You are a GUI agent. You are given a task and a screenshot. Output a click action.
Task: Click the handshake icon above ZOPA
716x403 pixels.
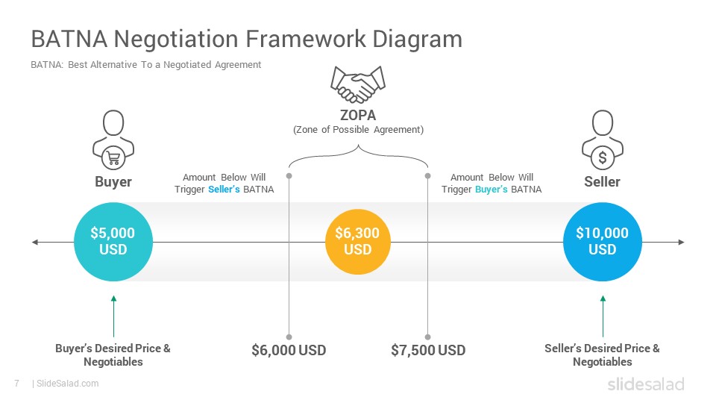click(358, 84)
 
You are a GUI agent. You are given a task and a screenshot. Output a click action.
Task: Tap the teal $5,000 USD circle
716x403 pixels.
click(113, 242)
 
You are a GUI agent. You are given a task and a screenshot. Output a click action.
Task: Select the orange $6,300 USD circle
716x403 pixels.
click(358, 242)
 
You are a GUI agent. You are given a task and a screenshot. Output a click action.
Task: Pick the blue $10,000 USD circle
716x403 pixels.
click(603, 242)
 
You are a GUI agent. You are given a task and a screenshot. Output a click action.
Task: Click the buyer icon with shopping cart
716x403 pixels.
click(113, 140)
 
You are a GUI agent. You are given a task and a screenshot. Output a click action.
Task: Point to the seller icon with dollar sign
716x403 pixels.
click(603, 140)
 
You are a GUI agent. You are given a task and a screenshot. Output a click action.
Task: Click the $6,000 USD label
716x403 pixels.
click(289, 351)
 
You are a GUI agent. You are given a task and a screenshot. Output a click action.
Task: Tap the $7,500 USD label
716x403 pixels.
click(428, 351)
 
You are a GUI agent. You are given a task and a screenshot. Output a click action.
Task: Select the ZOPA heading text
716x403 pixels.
click(358, 115)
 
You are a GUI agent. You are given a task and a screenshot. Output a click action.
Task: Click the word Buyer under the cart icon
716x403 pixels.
click(113, 182)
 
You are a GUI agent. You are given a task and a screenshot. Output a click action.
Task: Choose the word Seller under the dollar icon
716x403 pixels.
click(603, 182)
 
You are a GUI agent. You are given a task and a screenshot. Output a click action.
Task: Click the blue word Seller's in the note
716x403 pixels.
click(224, 189)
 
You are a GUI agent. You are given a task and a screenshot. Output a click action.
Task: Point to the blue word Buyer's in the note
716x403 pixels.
click(492, 189)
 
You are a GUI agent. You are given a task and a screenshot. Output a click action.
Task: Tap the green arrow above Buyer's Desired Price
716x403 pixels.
click(113, 316)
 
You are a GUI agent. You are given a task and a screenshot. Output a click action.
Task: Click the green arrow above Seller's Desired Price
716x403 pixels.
click(603, 316)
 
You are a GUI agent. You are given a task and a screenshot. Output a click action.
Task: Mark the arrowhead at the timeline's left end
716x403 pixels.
click(35, 242)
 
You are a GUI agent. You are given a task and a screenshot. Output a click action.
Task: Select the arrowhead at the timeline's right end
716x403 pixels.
click(681, 242)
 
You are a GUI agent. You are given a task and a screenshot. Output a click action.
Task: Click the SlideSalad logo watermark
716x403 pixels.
click(646, 384)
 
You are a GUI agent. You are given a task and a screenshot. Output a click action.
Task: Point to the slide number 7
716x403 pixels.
click(17, 384)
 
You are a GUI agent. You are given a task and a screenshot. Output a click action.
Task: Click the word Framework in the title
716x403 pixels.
click(306, 39)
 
